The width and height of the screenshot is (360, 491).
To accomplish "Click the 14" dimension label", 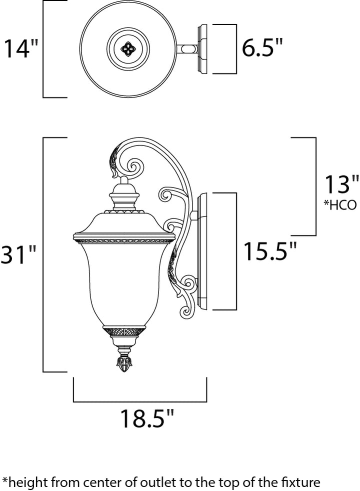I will coord(21,48).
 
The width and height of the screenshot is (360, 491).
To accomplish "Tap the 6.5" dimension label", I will coord(262,48).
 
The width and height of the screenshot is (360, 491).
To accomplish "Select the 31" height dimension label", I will coord(19,255).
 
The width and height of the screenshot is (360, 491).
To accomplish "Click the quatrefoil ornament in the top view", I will coord(128,49).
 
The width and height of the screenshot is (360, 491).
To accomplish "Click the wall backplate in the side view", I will coord(202,251).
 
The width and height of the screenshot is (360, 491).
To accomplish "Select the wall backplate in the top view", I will coord(202,49).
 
